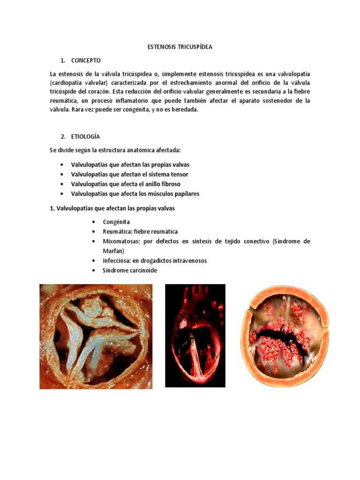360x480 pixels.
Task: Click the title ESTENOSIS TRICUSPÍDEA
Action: click(x=180, y=47)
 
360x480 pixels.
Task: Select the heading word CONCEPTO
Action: click(x=86, y=60)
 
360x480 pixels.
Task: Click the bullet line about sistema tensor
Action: click(x=129, y=174)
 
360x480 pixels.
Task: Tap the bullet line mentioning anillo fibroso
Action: click(x=126, y=184)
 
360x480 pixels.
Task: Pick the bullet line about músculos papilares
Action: click(x=135, y=194)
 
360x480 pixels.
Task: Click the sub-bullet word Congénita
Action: click(x=116, y=222)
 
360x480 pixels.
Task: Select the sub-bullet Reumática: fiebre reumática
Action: click(x=140, y=232)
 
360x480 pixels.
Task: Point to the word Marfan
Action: click(x=113, y=251)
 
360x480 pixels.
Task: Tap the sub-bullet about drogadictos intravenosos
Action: click(x=155, y=261)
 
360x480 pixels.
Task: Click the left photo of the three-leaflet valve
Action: click(x=93, y=336)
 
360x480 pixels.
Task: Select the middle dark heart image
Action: click(x=195, y=336)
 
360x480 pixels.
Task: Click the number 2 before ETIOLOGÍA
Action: click(x=62, y=136)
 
